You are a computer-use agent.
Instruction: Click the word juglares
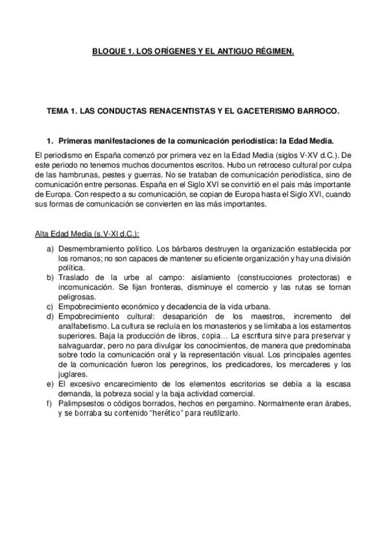[72, 373]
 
